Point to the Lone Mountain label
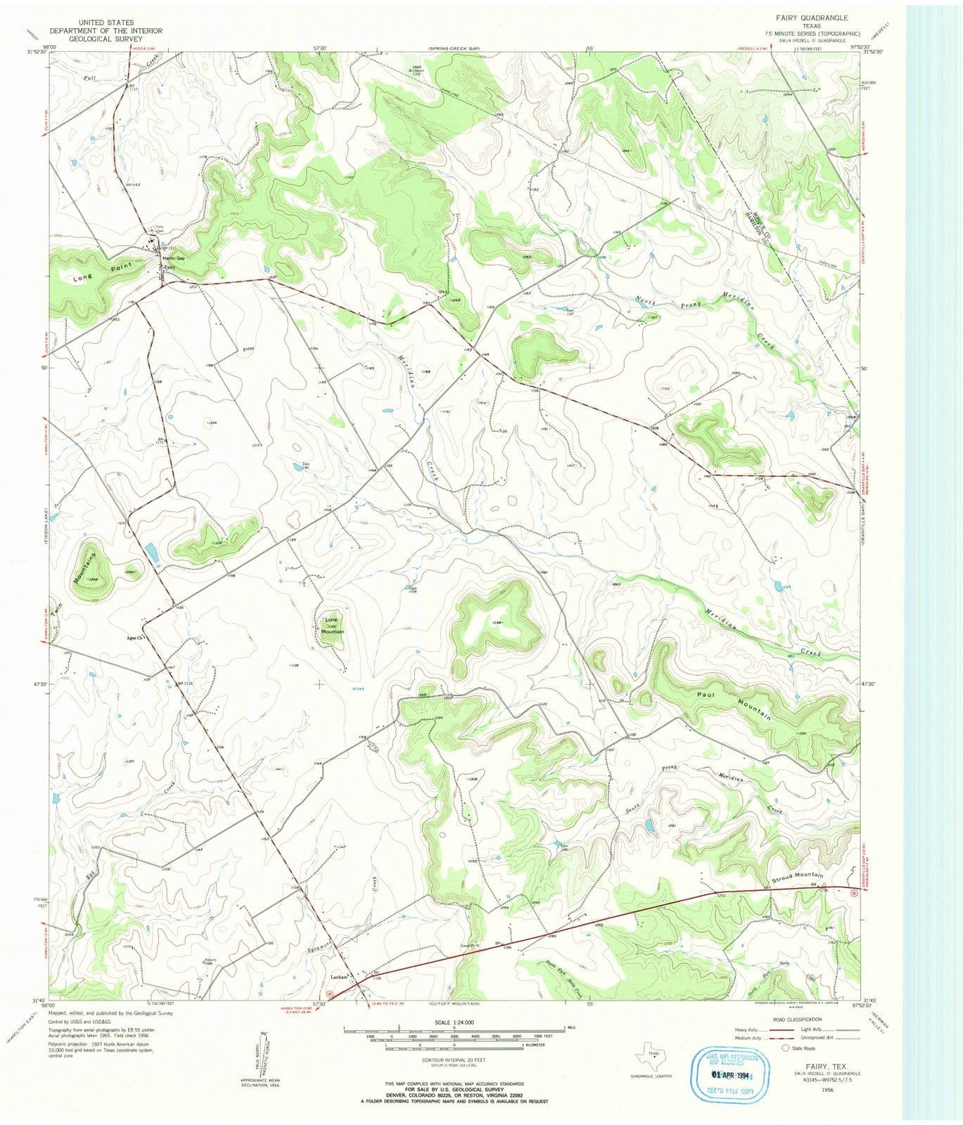pos(332,626)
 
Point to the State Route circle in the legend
pos(786,1048)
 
